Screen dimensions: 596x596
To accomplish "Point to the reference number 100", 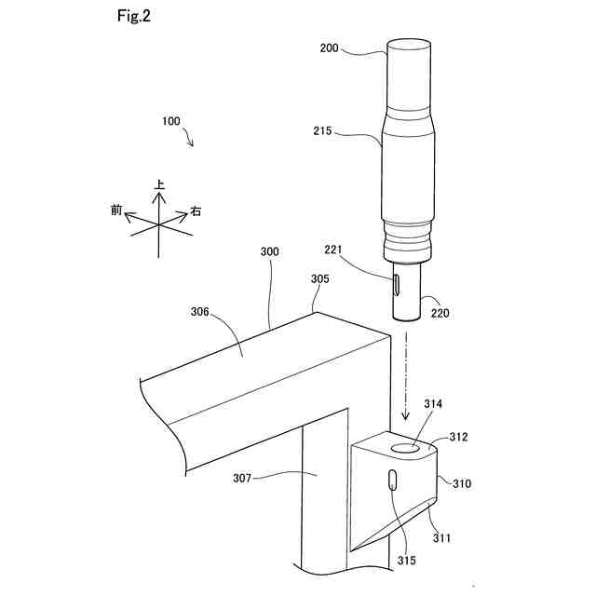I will coord(171,121).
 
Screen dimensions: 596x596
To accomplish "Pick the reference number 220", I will coord(440,313).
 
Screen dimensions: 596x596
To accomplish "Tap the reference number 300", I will coord(270,251).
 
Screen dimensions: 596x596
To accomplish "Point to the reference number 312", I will coord(458,436).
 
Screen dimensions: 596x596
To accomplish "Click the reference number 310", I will coord(462,483).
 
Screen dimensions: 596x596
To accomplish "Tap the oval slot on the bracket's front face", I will coord(393,482).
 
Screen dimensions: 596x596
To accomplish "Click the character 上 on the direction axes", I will coord(160,185).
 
